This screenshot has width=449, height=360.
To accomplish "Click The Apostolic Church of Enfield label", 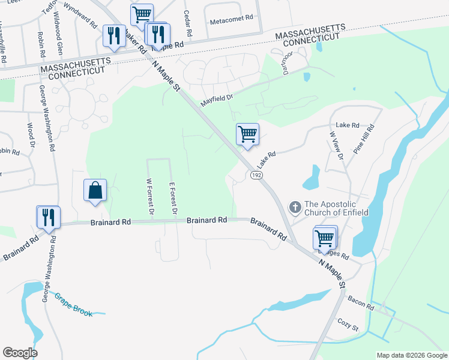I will (336, 208).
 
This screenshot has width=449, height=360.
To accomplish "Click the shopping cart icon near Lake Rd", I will (247, 134).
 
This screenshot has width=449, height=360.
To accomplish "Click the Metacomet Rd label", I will (232, 22).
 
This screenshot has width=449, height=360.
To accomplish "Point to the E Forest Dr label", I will (172, 199).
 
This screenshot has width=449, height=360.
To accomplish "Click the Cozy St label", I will (348, 325).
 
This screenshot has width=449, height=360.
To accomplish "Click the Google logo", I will (20, 353).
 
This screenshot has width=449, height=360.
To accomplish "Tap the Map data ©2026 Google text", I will (411, 355).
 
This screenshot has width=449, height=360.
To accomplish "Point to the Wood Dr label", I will (31, 134).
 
